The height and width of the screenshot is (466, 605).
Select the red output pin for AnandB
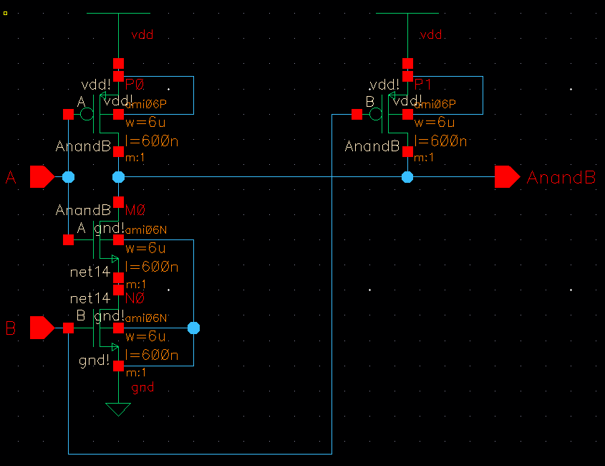pyautogui.click(x=507, y=176)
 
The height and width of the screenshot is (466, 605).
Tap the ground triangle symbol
pyautogui.click(x=118, y=409)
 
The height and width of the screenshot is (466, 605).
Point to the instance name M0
pyautogui.click(x=135, y=210)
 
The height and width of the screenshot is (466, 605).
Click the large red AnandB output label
pyautogui.click(x=561, y=178)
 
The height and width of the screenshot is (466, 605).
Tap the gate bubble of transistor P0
pyautogui.click(x=87, y=114)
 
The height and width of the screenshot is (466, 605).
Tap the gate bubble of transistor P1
pyautogui.click(x=376, y=114)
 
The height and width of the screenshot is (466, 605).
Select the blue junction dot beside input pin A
pyautogui.click(x=68, y=176)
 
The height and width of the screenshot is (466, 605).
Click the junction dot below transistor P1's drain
pyautogui.click(x=407, y=176)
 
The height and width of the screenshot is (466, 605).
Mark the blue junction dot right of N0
pyautogui.click(x=193, y=328)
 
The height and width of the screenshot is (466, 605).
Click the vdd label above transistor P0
pyautogui.click(x=142, y=34)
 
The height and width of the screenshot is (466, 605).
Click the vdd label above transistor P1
pyautogui.click(x=432, y=34)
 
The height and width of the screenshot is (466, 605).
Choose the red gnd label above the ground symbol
pyautogui.click(x=142, y=388)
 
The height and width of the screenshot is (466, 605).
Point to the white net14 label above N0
pyautogui.click(x=89, y=298)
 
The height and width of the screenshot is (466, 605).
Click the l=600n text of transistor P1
pyautogui.click(x=441, y=141)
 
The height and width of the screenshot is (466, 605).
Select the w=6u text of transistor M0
pyautogui.click(x=145, y=249)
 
